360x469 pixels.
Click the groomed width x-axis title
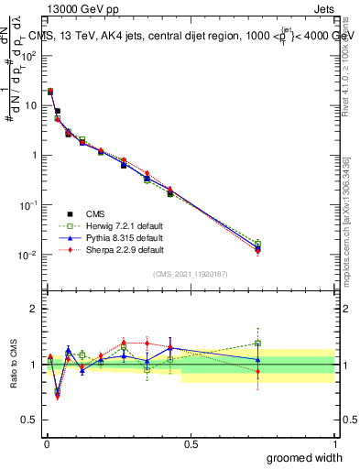pyautogui.click(x=297, y=457)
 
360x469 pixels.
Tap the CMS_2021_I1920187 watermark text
pyautogui.click(x=190, y=273)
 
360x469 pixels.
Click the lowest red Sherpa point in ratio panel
pyautogui.click(x=58, y=397)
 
